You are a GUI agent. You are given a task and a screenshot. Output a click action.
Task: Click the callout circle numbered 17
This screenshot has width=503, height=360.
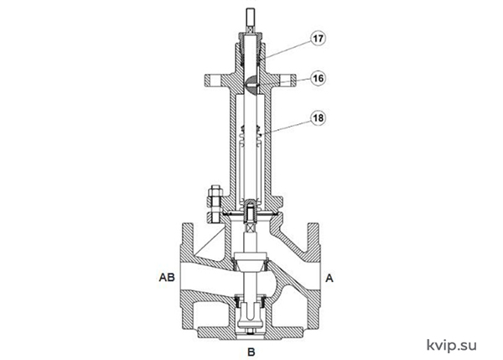(x=318, y=39)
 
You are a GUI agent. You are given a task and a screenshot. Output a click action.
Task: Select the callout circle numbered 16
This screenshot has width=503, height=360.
(x=318, y=78)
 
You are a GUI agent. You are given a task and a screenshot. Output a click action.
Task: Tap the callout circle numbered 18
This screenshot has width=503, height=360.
(x=318, y=117)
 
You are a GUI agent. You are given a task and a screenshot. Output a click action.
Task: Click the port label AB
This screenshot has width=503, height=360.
(x=167, y=277)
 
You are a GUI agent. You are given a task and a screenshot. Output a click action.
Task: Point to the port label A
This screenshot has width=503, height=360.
(x=329, y=278)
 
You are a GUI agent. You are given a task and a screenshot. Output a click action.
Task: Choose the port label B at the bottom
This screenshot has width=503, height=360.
(x=251, y=352)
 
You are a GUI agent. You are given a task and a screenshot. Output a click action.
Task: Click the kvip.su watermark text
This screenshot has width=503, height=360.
(x=451, y=346)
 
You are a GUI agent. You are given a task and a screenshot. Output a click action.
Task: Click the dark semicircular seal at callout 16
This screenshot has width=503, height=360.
(x=251, y=85)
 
